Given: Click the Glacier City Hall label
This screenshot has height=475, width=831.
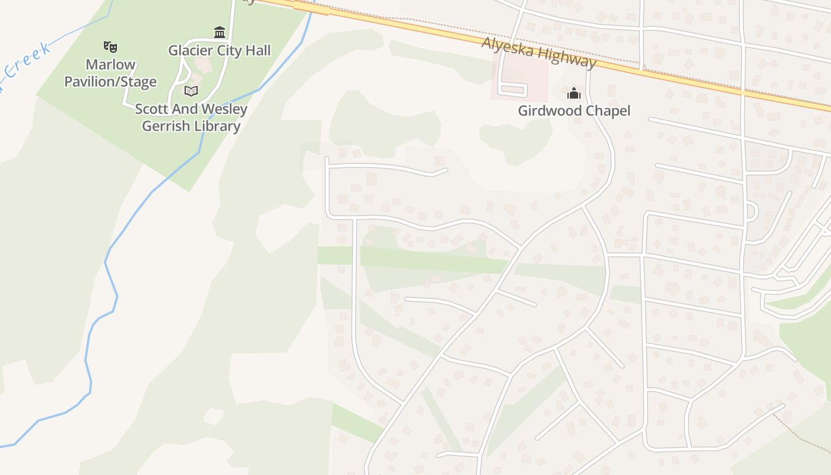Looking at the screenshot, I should (219, 50).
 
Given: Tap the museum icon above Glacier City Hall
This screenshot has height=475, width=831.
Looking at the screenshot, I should (220, 32).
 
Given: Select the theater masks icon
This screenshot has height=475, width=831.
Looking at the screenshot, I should (110, 46).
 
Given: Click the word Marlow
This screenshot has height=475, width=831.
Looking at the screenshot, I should (110, 64).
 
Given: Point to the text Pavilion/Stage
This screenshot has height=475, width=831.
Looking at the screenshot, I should (110, 82).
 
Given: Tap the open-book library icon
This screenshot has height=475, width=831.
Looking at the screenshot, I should (191, 91).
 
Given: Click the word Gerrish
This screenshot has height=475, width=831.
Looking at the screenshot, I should (166, 126).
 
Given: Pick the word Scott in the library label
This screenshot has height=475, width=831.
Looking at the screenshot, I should (151, 109).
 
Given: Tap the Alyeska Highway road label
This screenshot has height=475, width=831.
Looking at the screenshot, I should (538, 52).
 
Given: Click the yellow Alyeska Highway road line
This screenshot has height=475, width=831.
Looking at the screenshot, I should (683, 77).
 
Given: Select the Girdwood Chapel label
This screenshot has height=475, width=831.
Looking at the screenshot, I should (574, 110).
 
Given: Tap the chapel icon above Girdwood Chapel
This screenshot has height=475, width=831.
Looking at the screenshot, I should (574, 93).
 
